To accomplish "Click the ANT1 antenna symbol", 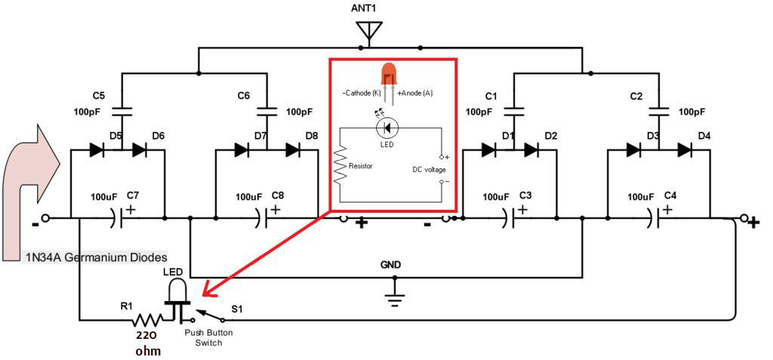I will point(368,32).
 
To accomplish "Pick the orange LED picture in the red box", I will point(388,74).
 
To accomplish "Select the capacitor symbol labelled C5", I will point(122,112).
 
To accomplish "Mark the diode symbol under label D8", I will point(294,149).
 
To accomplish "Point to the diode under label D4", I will point(685,149).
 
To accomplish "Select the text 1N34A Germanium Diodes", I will point(97,257).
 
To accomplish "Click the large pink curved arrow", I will point(30,189).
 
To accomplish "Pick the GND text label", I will point(391,266).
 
